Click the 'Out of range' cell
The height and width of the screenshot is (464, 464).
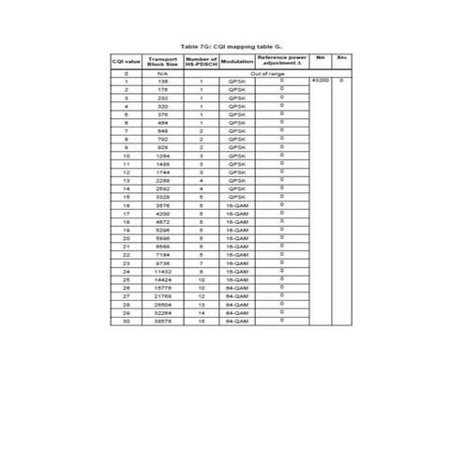[267, 73]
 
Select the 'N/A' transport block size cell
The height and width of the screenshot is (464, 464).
[162, 73]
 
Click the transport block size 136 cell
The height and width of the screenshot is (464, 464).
[162, 82]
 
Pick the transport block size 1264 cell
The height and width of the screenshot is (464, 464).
[162, 156]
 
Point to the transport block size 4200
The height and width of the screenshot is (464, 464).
[162, 214]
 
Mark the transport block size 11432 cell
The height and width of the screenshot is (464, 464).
[162, 272]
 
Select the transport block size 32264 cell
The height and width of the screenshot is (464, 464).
[162, 313]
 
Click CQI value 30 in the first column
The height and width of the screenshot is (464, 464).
[127, 322]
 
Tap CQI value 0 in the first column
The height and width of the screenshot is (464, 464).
[127, 73]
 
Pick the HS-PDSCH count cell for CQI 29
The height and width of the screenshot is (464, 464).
[201, 313]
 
